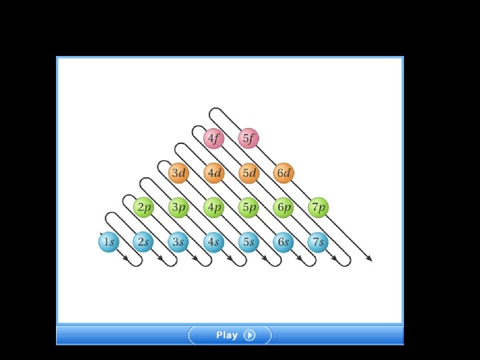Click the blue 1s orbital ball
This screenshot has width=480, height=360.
[108, 242]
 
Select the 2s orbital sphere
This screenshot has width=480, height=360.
[143, 242]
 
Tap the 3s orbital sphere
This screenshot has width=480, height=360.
[178, 242]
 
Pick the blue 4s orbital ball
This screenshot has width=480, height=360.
[213, 242]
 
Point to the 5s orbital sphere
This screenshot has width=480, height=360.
[248, 242]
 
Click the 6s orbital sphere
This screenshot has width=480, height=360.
[283, 242]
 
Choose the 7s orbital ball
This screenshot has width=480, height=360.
[318, 242]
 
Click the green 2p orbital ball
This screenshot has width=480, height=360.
[143, 207]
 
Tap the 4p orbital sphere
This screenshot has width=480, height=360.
[213, 207]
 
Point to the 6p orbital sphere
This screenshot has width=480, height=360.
[283, 207]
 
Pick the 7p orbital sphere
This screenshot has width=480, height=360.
[319, 207]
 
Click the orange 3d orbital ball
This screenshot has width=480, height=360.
[178, 173]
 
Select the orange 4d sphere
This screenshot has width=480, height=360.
[213, 173]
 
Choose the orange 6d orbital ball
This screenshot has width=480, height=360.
[283, 173]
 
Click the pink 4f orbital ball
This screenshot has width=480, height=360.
[213, 139]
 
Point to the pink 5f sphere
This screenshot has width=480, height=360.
[248, 139]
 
